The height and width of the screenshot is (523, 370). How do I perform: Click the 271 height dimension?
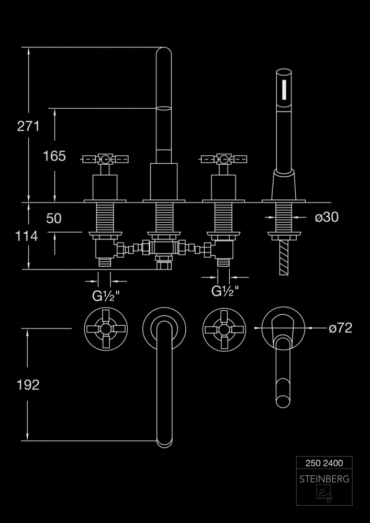[29, 126]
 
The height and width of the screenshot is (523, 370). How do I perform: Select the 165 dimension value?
[54, 155]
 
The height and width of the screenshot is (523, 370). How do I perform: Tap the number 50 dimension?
[54, 218]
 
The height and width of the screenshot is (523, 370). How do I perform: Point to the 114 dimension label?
[27, 236]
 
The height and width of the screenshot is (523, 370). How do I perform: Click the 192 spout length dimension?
[28, 385]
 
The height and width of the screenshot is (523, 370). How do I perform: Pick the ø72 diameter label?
[340, 328]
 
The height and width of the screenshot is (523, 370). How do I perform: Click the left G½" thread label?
[106, 296]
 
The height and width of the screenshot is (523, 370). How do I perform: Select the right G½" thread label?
[226, 291]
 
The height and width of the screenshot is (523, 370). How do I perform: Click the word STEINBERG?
[324, 478]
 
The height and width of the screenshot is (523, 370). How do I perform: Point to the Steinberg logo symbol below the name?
[324, 494]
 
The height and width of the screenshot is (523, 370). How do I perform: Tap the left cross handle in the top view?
[106, 328]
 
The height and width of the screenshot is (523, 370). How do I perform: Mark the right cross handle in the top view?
[224, 328]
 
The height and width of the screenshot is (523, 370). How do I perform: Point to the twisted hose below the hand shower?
[285, 257]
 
